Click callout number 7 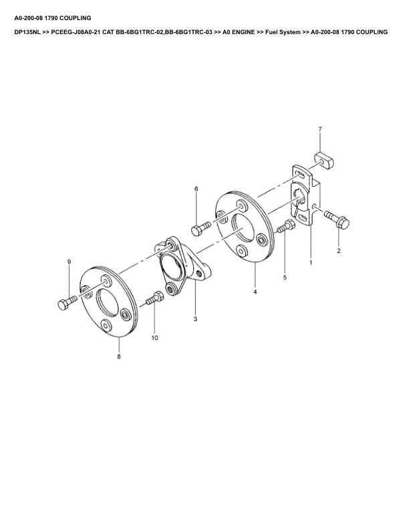(x=319, y=128)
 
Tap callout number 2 (x=339, y=251)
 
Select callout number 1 (x=311, y=263)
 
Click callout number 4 (x=255, y=292)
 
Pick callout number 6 (x=196, y=189)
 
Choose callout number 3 (x=195, y=320)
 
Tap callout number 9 (x=68, y=261)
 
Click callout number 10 (x=154, y=339)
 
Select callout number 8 (x=119, y=357)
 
